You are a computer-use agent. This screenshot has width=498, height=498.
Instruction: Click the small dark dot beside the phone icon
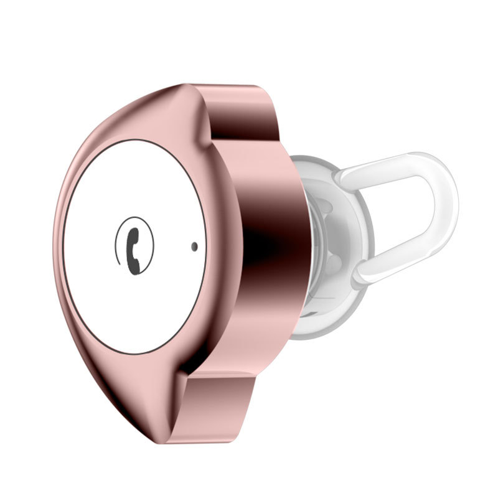(195, 247)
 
